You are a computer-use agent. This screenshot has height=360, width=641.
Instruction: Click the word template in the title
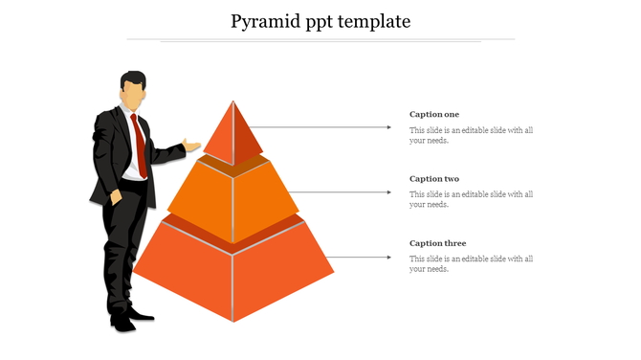coord(374,21)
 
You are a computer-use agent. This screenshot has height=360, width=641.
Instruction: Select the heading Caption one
coord(434,115)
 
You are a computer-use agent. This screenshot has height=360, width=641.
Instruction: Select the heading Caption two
coord(434,179)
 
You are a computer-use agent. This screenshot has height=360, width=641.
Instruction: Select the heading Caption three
coord(437,243)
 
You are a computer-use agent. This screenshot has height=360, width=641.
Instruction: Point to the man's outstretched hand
coord(192,146)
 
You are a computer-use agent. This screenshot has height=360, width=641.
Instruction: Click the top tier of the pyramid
coord(232,134)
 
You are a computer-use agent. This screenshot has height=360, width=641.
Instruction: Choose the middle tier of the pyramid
coord(232,196)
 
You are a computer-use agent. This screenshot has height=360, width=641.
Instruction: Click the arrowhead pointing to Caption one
coord(388,126)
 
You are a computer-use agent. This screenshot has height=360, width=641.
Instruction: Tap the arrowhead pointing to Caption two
coord(388,191)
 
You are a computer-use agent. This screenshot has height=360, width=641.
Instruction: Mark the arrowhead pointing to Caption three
coord(388,257)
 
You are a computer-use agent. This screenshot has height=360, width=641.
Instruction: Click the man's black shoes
coord(130,319)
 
